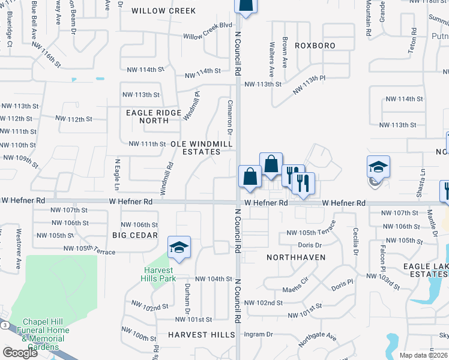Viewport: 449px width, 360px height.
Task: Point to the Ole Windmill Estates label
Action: pyautogui.click(x=196, y=148)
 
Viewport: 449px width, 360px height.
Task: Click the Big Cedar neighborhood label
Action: pyautogui.click(x=135, y=235)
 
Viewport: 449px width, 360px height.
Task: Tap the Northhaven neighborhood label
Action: pyautogui.click(x=296, y=257)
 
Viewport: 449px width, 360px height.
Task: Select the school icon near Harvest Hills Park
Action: pyautogui.click(x=178, y=248)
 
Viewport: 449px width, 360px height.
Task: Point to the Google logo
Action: pyautogui.click(x=20, y=352)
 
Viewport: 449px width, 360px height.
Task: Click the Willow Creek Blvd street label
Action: pyautogui.click(x=208, y=37)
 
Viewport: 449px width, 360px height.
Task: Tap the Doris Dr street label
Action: pyautogui.click(x=310, y=245)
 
